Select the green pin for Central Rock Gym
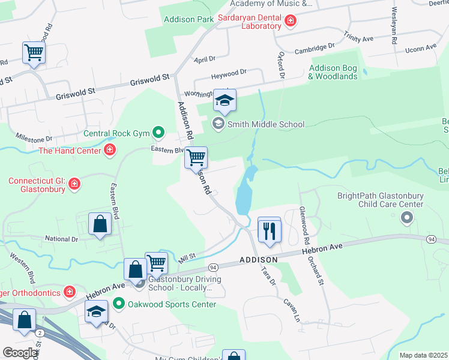(158, 131)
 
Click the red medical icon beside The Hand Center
(110, 150)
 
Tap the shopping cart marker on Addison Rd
(196, 158)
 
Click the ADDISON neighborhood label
(258, 260)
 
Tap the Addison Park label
(189, 19)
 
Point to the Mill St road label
(188, 257)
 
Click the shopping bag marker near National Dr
(100, 225)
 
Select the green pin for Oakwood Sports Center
(119, 304)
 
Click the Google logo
(20, 353)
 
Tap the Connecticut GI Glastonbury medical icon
(74, 182)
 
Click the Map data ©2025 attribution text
(423, 355)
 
